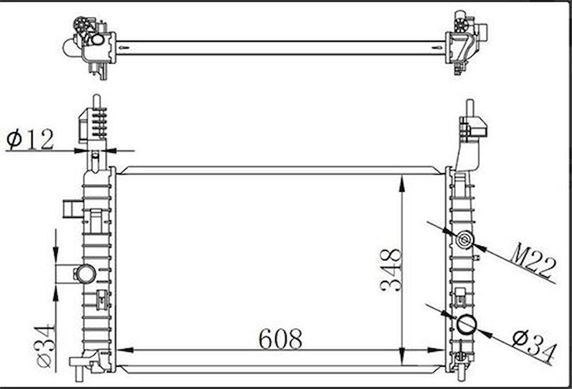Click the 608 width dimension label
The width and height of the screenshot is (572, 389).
tap(280, 339)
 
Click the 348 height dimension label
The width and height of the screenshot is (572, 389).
tap(391, 270)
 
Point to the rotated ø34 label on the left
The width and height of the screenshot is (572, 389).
tap(47, 345)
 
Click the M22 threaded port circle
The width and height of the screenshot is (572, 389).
tap(465, 240)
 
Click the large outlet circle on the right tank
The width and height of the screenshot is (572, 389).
tap(467, 325)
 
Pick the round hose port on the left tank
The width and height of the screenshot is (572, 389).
tap(85, 274)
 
